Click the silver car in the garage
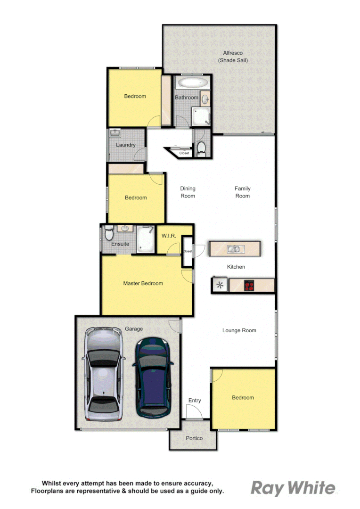click(x=104, y=375)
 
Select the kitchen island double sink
click(x=234, y=248)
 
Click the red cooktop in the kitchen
click(x=248, y=285)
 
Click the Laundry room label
click(x=126, y=145)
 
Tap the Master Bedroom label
click(x=143, y=283)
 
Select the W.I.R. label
click(x=169, y=236)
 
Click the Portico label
click(x=194, y=438)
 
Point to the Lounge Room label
click(x=239, y=330)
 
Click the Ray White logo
click(x=293, y=488)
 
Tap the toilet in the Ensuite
click(x=109, y=233)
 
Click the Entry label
click(x=195, y=401)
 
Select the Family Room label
click(x=243, y=192)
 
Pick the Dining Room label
click(x=188, y=192)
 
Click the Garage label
click(x=133, y=329)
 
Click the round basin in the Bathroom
click(x=206, y=99)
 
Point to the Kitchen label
click(x=236, y=267)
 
